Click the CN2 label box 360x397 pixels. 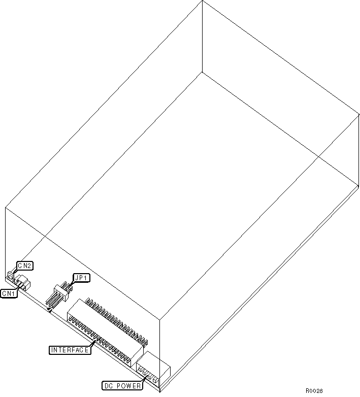(25, 266)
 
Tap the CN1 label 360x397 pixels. (9, 293)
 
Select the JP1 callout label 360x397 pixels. (81, 278)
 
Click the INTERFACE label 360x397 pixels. (70, 350)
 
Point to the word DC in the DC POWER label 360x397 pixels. (109, 386)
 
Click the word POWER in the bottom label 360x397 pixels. (128, 386)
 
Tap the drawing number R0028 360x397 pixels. (314, 391)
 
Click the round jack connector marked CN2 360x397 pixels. (11, 276)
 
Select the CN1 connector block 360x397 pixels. (22, 283)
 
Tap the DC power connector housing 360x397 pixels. (153, 367)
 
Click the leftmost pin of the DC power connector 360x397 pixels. (140, 370)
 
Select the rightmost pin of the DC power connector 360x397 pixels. (155, 380)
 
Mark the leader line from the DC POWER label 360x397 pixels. (144, 379)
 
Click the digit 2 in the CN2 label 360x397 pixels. (29, 266)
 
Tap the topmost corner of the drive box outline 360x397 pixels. (202, 1)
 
